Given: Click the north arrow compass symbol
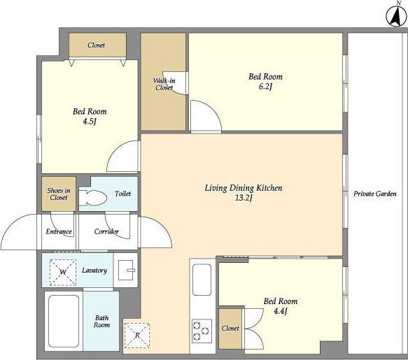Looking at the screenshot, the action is tap(397, 16).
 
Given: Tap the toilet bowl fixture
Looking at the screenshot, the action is tap(93, 198).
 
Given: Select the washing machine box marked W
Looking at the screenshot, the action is tap(63, 272).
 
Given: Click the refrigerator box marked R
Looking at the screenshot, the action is tap(137, 336).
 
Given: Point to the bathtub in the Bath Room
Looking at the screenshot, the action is tap(64, 321).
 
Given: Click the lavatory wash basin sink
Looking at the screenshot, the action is tap(127, 270).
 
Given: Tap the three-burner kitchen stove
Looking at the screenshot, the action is tap(202, 331).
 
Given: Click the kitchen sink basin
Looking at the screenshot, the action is tap(202, 280).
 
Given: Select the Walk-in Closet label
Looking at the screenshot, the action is tap(164, 84).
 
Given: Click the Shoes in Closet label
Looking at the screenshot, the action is tap(59, 194).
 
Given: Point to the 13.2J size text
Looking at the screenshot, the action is tap(244, 199).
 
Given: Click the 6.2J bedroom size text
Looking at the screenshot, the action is tap(265, 87).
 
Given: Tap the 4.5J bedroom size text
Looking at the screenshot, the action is tap(90, 122).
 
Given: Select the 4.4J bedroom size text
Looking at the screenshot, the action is tap(280, 311).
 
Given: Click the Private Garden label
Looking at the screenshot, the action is tap(375, 194).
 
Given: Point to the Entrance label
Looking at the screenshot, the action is tap(59, 231).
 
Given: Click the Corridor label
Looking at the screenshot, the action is tap(106, 231).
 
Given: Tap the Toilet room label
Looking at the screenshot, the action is tap(122, 194).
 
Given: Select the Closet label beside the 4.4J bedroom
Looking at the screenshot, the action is tap(230, 329).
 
